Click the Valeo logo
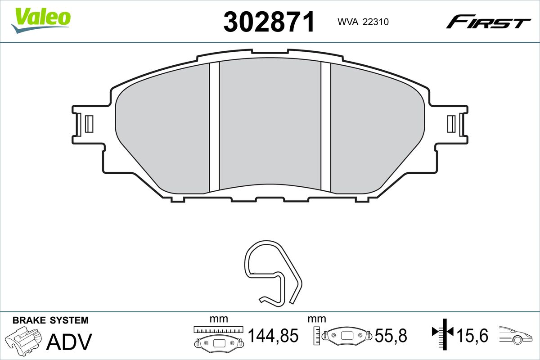click(x=41, y=21)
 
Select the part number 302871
click(x=269, y=22)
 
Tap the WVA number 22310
click(x=376, y=22)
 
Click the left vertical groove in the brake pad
click(x=214, y=126)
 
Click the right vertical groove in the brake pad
click(x=326, y=126)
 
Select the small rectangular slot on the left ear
click(x=89, y=124)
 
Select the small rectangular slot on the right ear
click(x=451, y=124)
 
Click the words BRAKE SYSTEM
click(x=50, y=320)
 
